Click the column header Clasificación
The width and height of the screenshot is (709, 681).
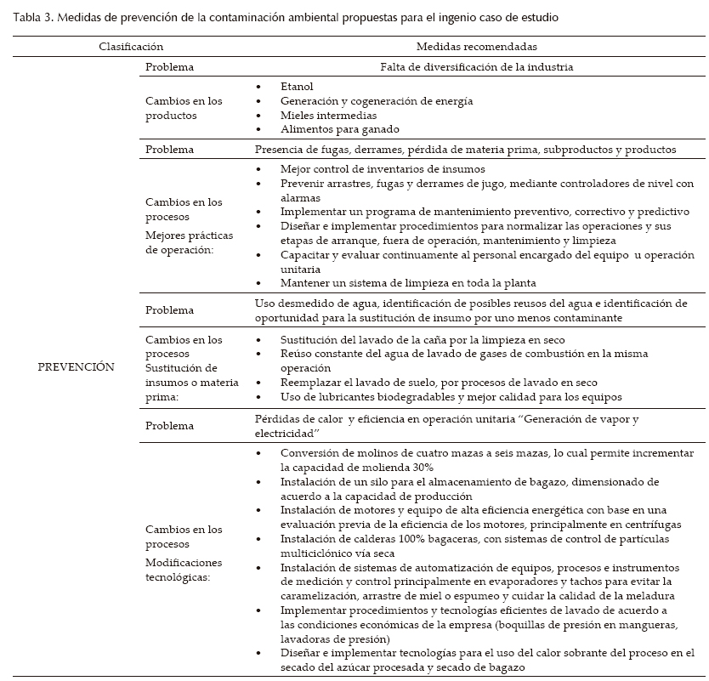131,48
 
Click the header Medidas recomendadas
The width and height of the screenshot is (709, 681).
476,48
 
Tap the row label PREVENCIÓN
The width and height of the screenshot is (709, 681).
77,366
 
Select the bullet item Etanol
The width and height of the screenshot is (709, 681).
297,87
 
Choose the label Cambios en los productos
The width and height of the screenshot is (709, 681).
184,108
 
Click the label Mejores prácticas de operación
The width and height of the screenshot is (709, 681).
189,242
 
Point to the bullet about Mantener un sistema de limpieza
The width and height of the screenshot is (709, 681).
408,282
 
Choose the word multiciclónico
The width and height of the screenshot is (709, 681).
320,553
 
